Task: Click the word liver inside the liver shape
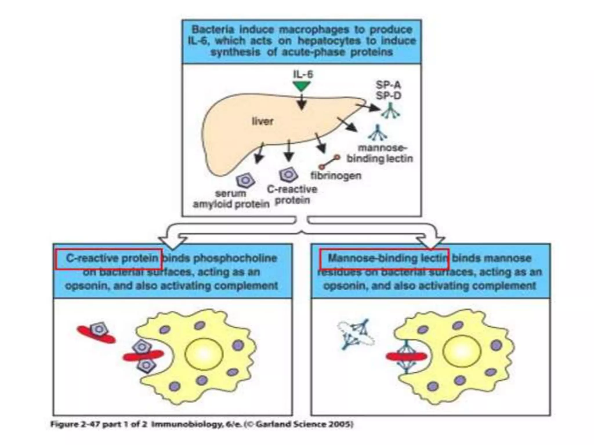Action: click(x=262, y=121)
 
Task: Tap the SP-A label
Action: click(x=388, y=85)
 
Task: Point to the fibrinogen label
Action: click(x=336, y=176)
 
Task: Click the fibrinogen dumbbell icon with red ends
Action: click(x=329, y=162)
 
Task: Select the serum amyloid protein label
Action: click(x=231, y=199)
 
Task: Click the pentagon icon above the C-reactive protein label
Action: click(x=288, y=175)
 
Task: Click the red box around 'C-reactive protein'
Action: click(x=109, y=259)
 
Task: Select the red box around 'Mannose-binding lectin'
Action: click(x=384, y=259)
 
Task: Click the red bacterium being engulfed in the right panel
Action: click(x=406, y=356)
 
